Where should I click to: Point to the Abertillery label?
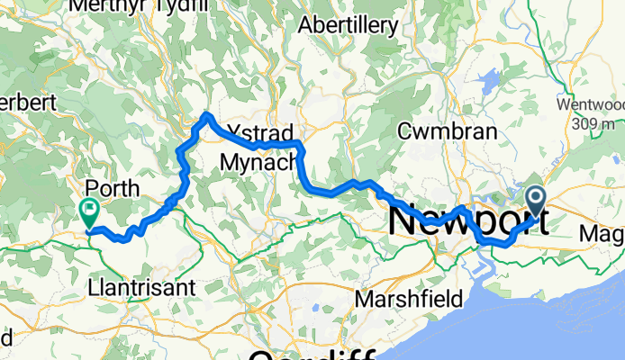(x=346, y=24)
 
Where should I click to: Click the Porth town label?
(x=112, y=189)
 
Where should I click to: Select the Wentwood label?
(x=590, y=104)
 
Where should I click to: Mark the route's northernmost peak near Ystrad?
(x=207, y=114)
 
